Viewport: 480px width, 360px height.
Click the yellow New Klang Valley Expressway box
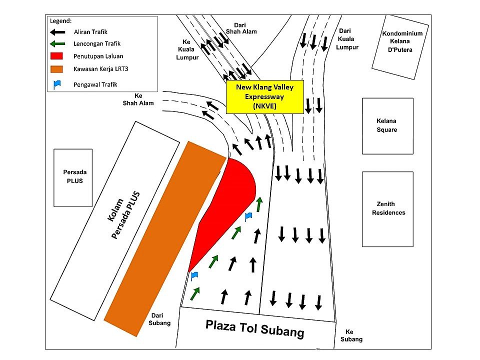(x=265, y=96)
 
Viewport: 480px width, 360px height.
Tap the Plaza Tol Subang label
(x=254, y=329)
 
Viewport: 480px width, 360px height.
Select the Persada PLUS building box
(x=73, y=178)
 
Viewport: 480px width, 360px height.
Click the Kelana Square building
(x=387, y=126)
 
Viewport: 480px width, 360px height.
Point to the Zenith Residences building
(x=387, y=209)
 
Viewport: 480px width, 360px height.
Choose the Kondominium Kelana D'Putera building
(x=400, y=47)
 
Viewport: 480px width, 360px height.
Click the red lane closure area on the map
(x=225, y=208)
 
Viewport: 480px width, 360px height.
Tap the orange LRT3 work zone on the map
(x=165, y=239)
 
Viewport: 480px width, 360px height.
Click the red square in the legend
(x=56, y=56)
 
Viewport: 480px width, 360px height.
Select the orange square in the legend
(x=56, y=69)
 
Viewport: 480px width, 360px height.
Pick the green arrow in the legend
(x=57, y=44)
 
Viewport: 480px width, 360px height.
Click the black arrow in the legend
(x=57, y=32)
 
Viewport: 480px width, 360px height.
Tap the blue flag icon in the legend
(x=57, y=84)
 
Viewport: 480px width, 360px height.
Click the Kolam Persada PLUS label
(x=123, y=214)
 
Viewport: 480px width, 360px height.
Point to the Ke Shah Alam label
(x=138, y=99)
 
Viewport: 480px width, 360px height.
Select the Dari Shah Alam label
(x=241, y=28)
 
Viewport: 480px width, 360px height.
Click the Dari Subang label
(x=159, y=319)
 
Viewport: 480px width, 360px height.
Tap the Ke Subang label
(x=351, y=335)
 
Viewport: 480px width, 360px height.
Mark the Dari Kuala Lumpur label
(x=347, y=39)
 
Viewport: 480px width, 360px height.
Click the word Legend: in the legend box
(x=60, y=21)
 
